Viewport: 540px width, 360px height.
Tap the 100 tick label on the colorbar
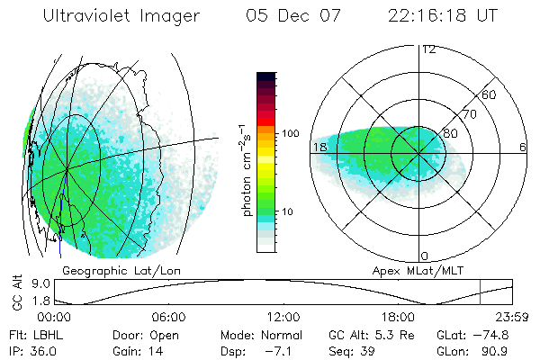[289, 133]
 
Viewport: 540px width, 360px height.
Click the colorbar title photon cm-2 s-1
[247, 171]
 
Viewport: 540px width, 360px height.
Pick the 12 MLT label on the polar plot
[428, 49]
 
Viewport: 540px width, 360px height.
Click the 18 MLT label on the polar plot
[319, 147]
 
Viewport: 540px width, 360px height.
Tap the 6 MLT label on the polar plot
[523, 147]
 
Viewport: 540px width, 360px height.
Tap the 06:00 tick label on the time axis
[168, 318]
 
